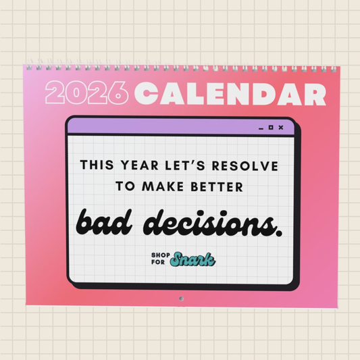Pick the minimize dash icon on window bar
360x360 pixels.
(x=261, y=128)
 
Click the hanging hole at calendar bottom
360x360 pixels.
(x=181, y=298)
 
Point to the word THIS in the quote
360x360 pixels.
(x=96, y=164)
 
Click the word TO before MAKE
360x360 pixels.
(x=126, y=188)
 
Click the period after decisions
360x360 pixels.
(x=279, y=232)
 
